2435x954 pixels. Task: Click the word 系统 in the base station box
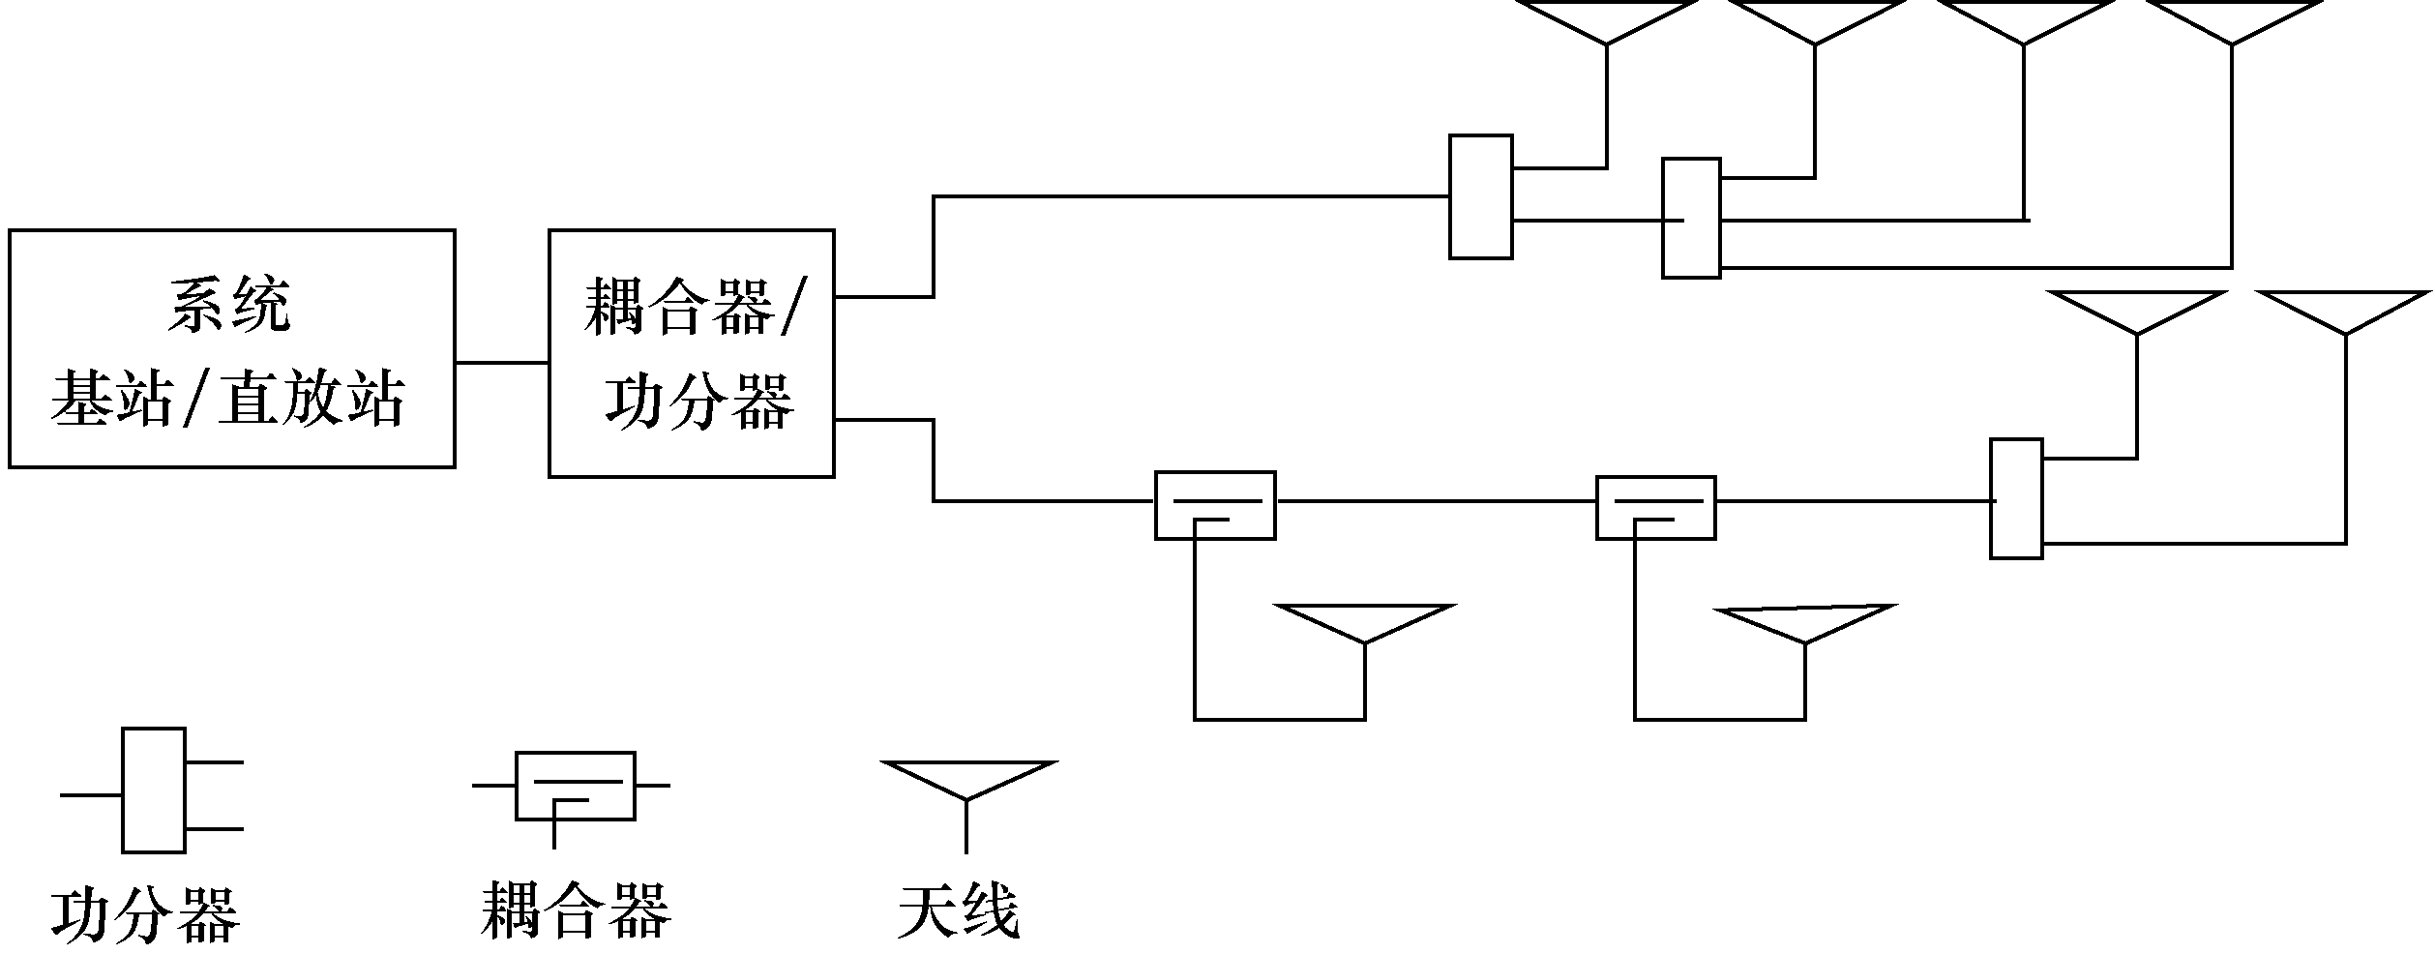229,307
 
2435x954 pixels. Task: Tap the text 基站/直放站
227,399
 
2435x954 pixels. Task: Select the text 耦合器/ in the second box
694,307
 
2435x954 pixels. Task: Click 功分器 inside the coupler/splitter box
699,401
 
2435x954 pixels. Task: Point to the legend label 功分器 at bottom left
145,914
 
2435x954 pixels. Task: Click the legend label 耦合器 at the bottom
575,909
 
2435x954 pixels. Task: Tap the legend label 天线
958,909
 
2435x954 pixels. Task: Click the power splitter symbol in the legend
153,790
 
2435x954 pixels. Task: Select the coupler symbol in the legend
575,786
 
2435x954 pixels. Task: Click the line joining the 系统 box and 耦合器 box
501,363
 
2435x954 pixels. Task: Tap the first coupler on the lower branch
1215,505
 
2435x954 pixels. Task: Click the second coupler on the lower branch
1655,507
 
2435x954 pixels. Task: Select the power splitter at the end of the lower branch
2016,498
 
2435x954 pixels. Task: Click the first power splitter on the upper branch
1480,196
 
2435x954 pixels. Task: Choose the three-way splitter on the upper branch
1691,219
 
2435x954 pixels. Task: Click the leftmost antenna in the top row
1607,21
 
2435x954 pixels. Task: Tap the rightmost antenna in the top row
2232,21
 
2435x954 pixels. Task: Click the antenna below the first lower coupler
1365,622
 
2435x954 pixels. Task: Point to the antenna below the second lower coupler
1804,622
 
